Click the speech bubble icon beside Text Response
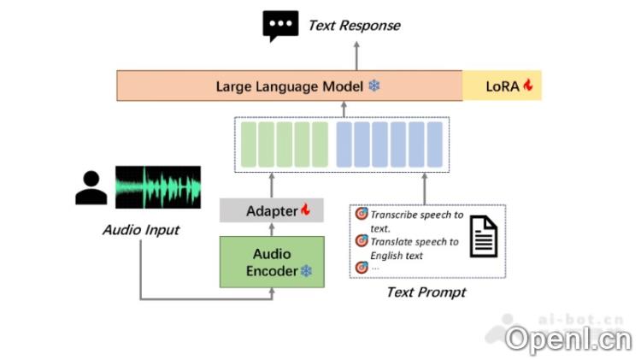pos(280,26)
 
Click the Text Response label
pos(354,26)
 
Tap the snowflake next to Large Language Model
pos(373,86)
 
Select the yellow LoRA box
pos(502,86)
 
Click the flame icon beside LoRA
pos(528,86)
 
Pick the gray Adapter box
pos(272,210)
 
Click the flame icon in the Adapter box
pos(305,210)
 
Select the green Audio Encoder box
pos(272,262)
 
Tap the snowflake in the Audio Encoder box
pos(305,271)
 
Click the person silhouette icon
pos(91,188)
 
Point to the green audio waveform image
pos(158,187)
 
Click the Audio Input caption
pos(141,230)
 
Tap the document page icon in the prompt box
pos(485,236)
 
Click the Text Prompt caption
pos(426,292)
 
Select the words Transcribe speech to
pos(416,215)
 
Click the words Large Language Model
pos(289,86)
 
